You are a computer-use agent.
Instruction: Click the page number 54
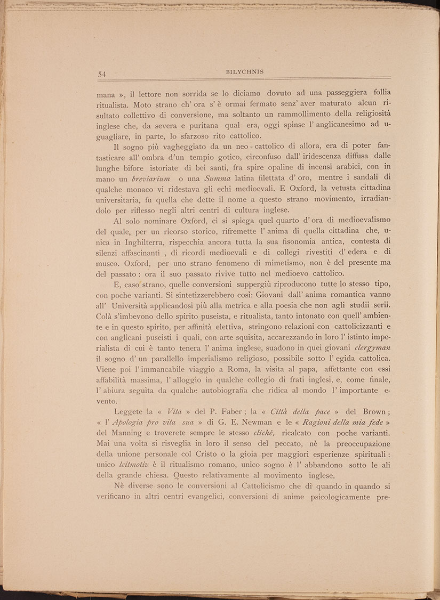(103, 74)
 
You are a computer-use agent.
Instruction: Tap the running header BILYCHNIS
(245, 71)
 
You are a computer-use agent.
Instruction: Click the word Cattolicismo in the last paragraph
(264, 489)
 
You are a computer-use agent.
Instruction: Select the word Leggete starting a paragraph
(132, 411)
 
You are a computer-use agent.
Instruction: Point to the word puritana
(199, 127)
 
